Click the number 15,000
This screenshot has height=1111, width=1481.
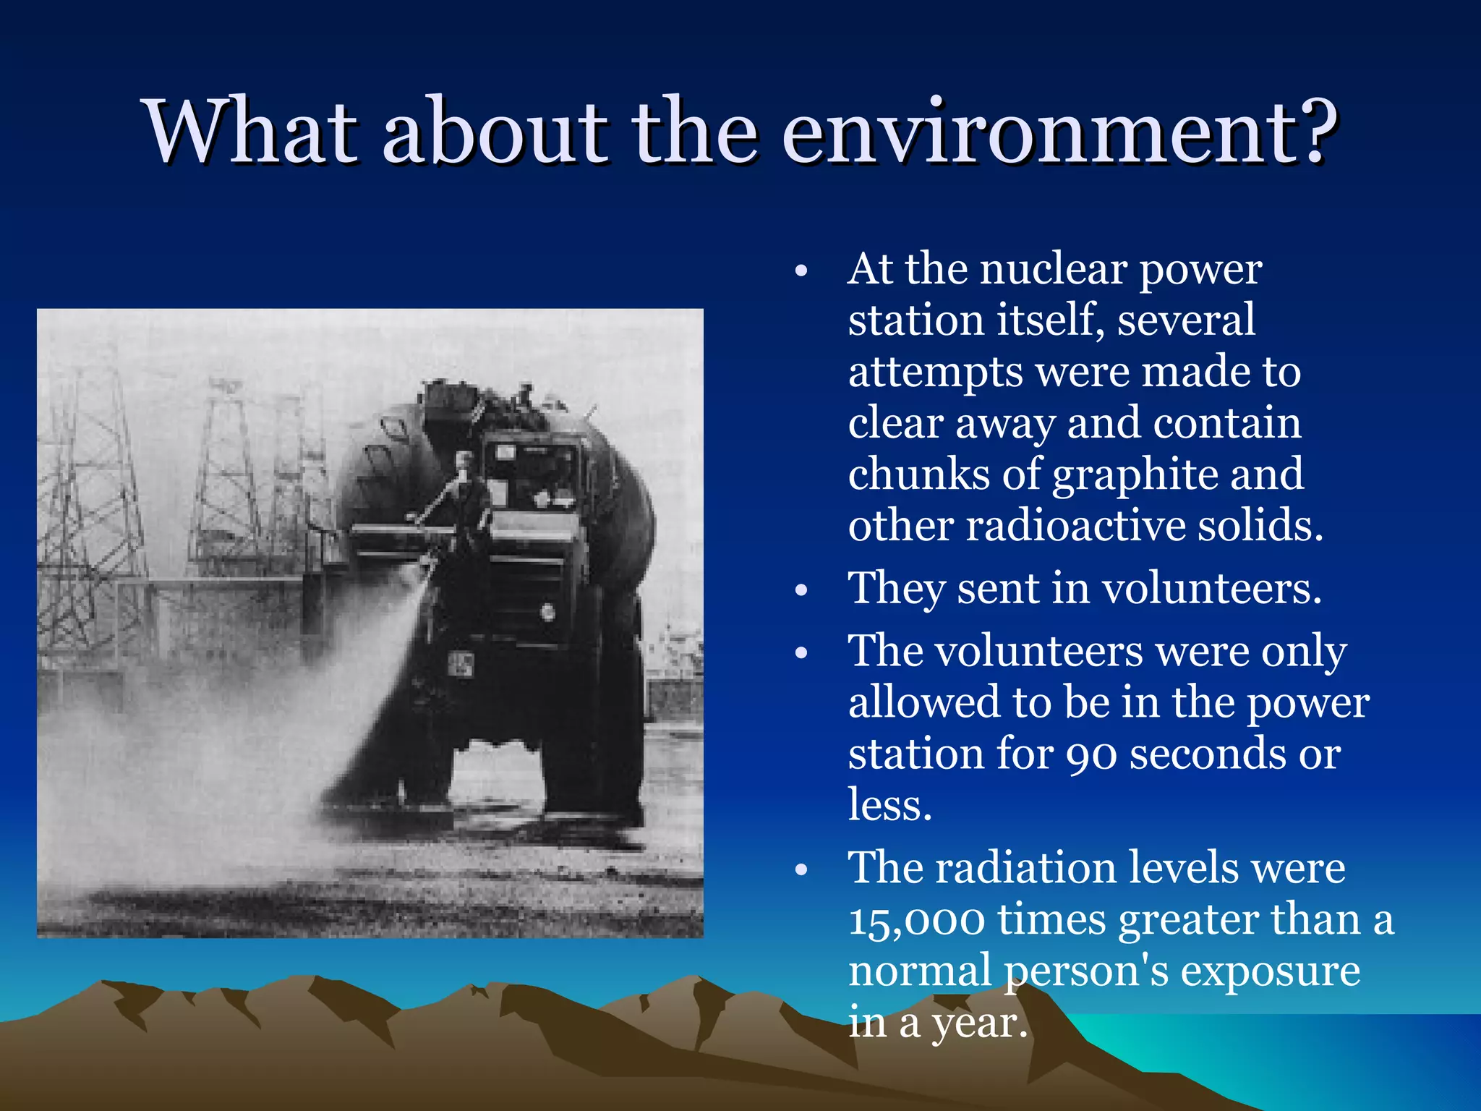[916, 921]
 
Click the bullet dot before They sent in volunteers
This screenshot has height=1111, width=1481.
[800, 590]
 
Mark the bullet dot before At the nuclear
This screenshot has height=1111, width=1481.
[800, 272]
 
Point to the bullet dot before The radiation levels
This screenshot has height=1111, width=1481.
[800, 869]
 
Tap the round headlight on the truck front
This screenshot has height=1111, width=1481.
[548, 613]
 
